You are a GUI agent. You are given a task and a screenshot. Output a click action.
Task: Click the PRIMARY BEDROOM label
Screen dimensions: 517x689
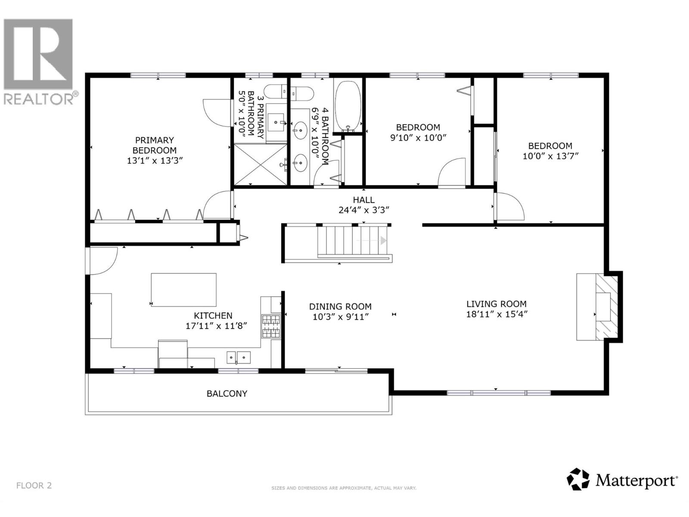pyautogui.click(x=154, y=145)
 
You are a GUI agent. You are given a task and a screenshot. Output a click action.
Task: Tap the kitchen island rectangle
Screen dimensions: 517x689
pyautogui.click(x=183, y=290)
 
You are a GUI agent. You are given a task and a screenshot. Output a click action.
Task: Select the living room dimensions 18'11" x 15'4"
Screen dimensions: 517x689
pyautogui.click(x=497, y=315)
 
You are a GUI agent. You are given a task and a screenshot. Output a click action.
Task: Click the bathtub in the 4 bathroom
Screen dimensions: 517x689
pyautogui.click(x=349, y=106)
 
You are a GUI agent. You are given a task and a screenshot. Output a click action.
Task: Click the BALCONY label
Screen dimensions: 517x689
pyautogui.click(x=227, y=393)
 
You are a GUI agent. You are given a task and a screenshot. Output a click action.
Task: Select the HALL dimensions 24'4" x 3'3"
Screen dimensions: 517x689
pyautogui.click(x=364, y=210)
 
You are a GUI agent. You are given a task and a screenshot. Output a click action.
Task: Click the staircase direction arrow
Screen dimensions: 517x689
pyautogui.click(x=383, y=240)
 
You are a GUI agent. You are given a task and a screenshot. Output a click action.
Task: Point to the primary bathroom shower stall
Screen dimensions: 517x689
pyautogui.click(x=260, y=165)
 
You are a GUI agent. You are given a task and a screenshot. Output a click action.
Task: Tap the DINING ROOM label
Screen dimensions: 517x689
pyautogui.click(x=340, y=306)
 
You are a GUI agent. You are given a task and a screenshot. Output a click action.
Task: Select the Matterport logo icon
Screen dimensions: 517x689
pyautogui.click(x=577, y=479)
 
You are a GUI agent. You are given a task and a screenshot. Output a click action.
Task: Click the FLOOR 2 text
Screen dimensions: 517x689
pyautogui.click(x=34, y=486)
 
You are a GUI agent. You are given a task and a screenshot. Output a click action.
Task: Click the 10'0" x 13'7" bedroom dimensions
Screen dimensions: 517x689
pyautogui.click(x=550, y=156)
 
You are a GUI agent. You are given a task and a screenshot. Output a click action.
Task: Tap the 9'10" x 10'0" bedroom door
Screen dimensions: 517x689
pyautogui.click(x=452, y=172)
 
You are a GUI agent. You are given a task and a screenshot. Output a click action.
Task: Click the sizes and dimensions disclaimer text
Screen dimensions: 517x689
pyautogui.click(x=344, y=488)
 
